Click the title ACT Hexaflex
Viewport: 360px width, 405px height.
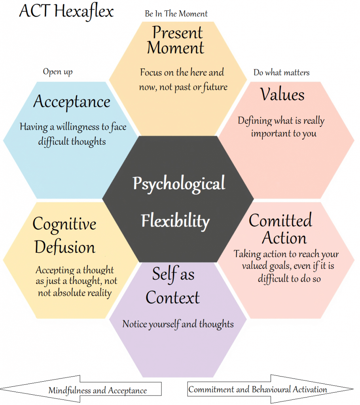[x=66, y=11]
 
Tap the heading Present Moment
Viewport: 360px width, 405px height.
[x=176, y=40]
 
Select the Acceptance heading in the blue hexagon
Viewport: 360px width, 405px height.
[x=72, y=102]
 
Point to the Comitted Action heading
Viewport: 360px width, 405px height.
[x=281, y=229]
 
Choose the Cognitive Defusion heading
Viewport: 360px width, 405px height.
[x=64, y=236]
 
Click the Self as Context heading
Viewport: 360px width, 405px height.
[x=173, y=286]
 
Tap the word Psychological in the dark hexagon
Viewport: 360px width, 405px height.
[x=179, y=184]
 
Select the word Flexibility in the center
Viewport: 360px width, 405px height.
[x=175, y=220]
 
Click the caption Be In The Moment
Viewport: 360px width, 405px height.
[x=176, y=14]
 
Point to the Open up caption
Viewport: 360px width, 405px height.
[x=58, y=72]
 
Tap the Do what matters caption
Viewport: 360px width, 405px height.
[x=281, y=72]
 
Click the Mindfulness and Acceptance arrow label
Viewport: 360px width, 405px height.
[x=97, y=390]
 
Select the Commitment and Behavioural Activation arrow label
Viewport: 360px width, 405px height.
[x=258, y=389]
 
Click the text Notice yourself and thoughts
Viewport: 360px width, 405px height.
[x=178, y=324]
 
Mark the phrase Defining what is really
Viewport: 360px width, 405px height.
[x=281, y=121]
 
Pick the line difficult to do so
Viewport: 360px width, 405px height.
[x=289, y=278]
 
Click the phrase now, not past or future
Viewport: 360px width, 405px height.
[x=183, y=87]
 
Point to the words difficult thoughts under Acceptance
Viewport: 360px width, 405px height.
[x=72, y=141]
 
